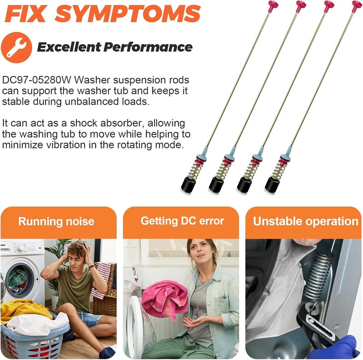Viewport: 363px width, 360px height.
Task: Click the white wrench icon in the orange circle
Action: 16,48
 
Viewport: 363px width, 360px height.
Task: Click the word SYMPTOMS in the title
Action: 128,14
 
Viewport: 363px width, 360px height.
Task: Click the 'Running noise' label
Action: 56,221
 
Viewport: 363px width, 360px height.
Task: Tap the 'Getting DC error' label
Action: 182,221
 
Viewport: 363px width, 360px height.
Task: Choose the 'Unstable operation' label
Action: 305,221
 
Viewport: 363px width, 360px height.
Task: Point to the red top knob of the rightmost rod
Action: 357,5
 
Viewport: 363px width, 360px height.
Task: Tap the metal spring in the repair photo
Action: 318,276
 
